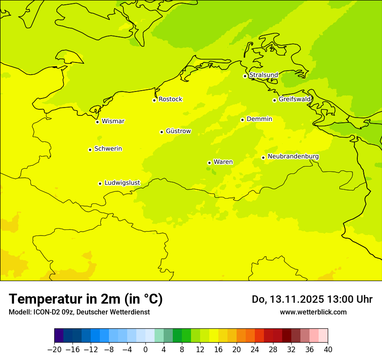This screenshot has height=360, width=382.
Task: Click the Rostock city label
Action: pyautogui.click(x=170, y=99)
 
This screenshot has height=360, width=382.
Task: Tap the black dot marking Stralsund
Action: pyautogui.click(x=245, y=76)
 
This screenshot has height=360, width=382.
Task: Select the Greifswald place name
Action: pyautogui.click(x=295, y=99)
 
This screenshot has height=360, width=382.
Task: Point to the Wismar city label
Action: pyautogui.click(x=113, y=121)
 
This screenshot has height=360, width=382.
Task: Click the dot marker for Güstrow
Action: pyautogui.click(x=161, y=132)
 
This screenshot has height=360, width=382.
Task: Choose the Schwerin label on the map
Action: pyautogui.click(x=108, y=149)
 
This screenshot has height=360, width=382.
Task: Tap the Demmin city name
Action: pyautogui.click(x=259, y=119)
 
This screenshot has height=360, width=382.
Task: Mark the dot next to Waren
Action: pyautogui.click(x=209, y=163)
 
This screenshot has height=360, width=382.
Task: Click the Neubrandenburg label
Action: pyautogui.click(x=293, y=157)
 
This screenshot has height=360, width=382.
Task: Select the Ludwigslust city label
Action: pyautogui.click(x=122, y=183)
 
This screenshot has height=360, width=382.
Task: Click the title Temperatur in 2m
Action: pyautogui.click(x=86, y=299)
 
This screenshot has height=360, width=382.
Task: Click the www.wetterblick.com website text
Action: pyautogui.click(x=313, y=312)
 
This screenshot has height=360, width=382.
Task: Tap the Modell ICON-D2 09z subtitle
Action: pyautogui.click(x=79, y=312)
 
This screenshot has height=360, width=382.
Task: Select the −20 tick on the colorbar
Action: pyautogui.click(x=54, y=350)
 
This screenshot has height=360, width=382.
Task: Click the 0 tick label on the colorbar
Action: pyautogui.click(x=145, y=350)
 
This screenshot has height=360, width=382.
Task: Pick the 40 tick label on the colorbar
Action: pyautogui.click(x=328, y=350)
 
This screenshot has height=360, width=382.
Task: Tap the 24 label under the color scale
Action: pyautogui.click(x=255, y=350)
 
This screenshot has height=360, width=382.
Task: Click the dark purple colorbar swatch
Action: pyautogui.click(x=59, y=336)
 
